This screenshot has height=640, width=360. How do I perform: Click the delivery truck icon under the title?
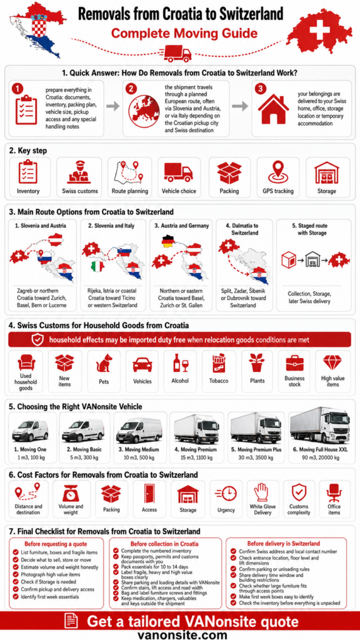pos(178,53)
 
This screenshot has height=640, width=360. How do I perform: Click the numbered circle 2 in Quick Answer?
pos(131,88)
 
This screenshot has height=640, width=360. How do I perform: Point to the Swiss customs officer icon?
pos(79,172)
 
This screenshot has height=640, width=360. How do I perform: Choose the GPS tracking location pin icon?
pos(278,172)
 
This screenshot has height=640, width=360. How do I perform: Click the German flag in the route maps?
pos(167,241)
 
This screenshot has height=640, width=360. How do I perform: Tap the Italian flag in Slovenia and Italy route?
pos(97,266)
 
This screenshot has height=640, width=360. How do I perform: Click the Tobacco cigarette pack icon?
pos(218,363)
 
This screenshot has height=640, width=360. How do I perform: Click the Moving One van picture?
pos(30,430)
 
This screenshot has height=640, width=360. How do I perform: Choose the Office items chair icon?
pos(334,493)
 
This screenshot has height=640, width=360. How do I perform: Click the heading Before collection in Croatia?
pos(164,544)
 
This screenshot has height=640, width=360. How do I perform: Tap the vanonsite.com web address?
pos(182,634)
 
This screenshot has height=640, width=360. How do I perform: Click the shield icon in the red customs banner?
pos(37,339)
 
